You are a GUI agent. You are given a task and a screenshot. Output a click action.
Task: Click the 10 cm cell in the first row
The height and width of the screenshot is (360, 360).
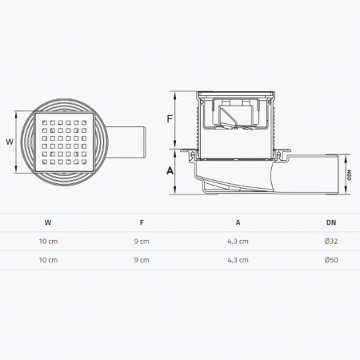(49, 241)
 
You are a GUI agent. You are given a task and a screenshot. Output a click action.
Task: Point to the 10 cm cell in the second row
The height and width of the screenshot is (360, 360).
(49, 260)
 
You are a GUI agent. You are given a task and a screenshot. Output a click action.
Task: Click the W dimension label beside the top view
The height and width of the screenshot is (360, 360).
(10, 141)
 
